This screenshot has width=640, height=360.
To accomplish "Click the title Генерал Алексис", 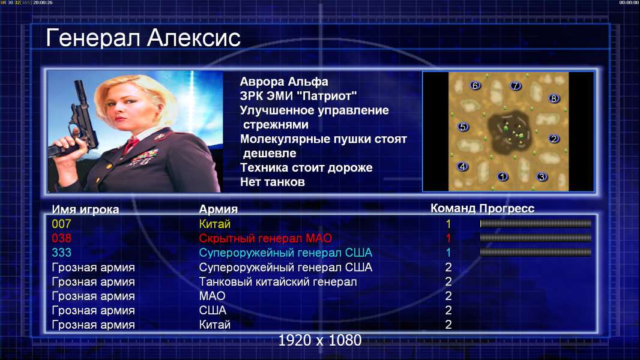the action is coord(143,38).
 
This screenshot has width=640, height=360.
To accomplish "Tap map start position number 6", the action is coord(475,86).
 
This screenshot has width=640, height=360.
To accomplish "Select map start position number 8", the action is coord(554,98).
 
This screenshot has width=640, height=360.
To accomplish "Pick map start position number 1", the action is coord(503,176).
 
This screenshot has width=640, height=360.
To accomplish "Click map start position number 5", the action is coord(463,127).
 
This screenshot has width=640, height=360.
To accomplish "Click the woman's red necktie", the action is coord(131,145).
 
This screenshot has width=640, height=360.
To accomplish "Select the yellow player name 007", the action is coord(61,224).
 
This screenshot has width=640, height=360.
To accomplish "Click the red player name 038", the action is coord(61,238).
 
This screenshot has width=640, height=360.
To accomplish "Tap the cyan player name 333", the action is coord(61,253).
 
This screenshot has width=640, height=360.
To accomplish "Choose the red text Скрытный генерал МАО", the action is coord(265,238).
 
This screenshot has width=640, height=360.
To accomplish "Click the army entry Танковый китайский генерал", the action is coord(278,282).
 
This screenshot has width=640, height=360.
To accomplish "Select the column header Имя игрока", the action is coord(85,209).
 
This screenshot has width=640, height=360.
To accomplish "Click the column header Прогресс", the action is coord(507,209).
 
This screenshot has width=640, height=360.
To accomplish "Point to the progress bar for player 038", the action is coord(536,238).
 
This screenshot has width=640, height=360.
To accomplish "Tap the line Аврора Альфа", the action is coord(283,82).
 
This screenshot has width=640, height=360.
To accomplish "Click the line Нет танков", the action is coord(272,182).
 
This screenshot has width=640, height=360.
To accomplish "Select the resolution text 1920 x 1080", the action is coord(319,340).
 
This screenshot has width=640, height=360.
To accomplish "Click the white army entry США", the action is coord(213,310).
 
